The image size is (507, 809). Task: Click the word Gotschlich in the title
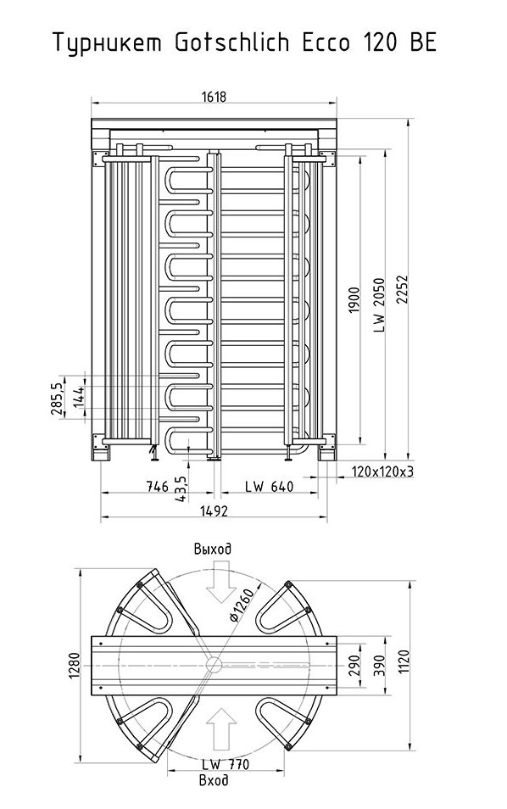point(232,42)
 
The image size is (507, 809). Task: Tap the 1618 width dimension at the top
point(214,97)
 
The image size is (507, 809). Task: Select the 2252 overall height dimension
point(402,289)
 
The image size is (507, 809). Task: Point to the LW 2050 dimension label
point(379,305)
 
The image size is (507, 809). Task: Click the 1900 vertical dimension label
point(354,300)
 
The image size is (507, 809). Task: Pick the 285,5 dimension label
point(57,399)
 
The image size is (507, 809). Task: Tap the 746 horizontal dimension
point(158,486)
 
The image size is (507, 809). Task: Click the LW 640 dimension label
point(269,486)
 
